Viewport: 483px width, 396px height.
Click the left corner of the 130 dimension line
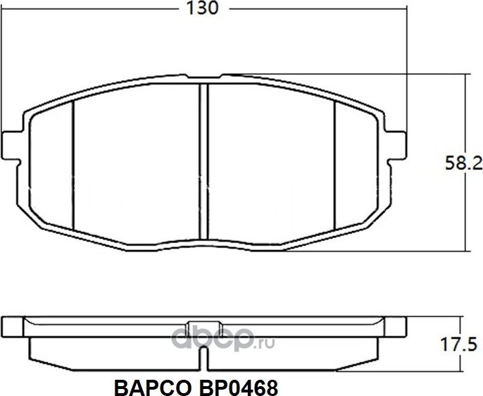pyautogui.click(x=5, y=8)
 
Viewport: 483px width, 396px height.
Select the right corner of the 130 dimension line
pyautogui.click(x=409, y=8)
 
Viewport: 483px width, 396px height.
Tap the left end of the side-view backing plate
pyautogui.click(x=6, y=327)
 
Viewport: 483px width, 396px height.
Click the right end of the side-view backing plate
pyautogui.click(x=407, y=327)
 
